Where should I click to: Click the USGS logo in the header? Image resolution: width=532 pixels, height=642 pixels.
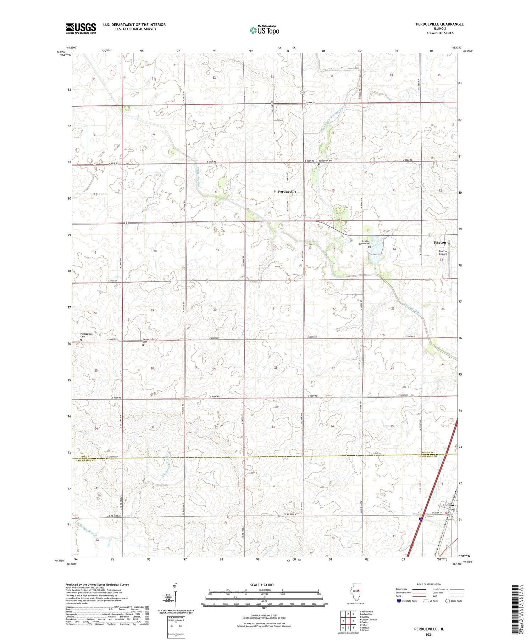click(x=81, y=28)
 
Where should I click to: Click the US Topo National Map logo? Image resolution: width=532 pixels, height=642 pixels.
click(x=265, y=30)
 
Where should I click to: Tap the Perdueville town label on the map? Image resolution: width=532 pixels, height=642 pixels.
click(x=287, y=192)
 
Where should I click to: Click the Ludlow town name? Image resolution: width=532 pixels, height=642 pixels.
click(x=448, y=505)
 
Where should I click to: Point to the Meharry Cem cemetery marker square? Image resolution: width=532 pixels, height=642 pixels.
click(x=319, y=164)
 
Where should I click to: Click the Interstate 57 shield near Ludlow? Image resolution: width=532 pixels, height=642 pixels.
click(x=421, y=519)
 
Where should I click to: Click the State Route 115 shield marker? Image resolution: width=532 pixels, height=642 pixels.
click(x=302, y=92)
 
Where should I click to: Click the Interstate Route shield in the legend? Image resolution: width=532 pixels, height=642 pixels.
click(x=399, y=601)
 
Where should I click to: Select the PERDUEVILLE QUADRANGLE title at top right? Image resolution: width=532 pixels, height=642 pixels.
click(x=440, y=24)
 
